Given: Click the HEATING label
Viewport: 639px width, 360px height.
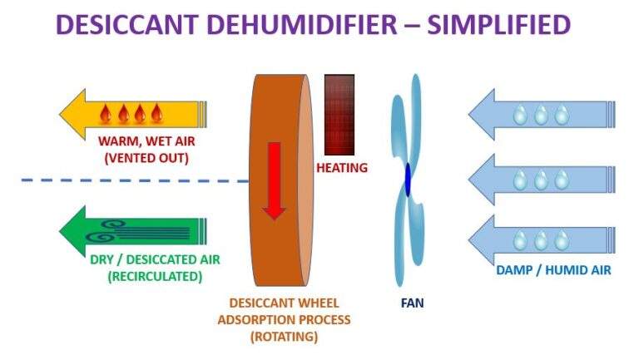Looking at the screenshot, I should tap(341, 168).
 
